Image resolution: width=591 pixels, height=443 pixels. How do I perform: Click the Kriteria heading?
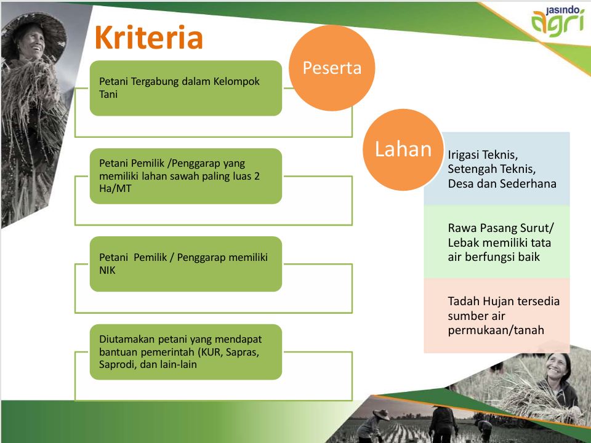149,38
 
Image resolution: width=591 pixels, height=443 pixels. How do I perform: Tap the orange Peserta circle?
332,68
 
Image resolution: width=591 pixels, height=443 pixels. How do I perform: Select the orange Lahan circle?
403,150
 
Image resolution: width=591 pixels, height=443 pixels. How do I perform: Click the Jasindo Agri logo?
558,22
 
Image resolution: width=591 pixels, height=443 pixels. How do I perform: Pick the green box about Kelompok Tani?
186,88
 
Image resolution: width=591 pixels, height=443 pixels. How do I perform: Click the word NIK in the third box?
107,270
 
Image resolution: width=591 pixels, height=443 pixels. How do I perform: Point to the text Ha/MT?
115,188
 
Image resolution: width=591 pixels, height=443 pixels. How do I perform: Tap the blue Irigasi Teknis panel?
497,169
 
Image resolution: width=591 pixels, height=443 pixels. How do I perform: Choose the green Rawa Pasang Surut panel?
497,242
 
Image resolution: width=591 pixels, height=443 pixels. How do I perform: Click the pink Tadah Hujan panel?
497,316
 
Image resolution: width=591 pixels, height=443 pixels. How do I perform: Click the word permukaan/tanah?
496,330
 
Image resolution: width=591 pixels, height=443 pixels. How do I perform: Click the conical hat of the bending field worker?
382,414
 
